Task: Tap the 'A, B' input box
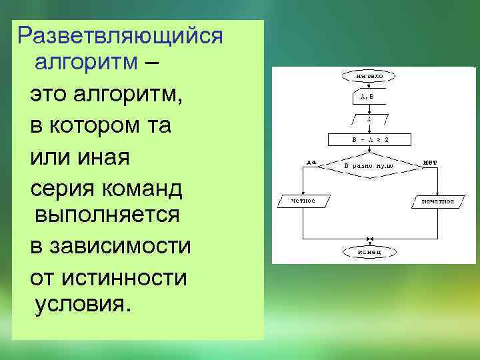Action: [368, 97]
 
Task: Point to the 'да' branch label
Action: [311, 161]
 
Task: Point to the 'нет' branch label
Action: [429, 161]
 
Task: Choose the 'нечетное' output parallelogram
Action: [437, 200]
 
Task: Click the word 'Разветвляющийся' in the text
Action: [120, 35]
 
